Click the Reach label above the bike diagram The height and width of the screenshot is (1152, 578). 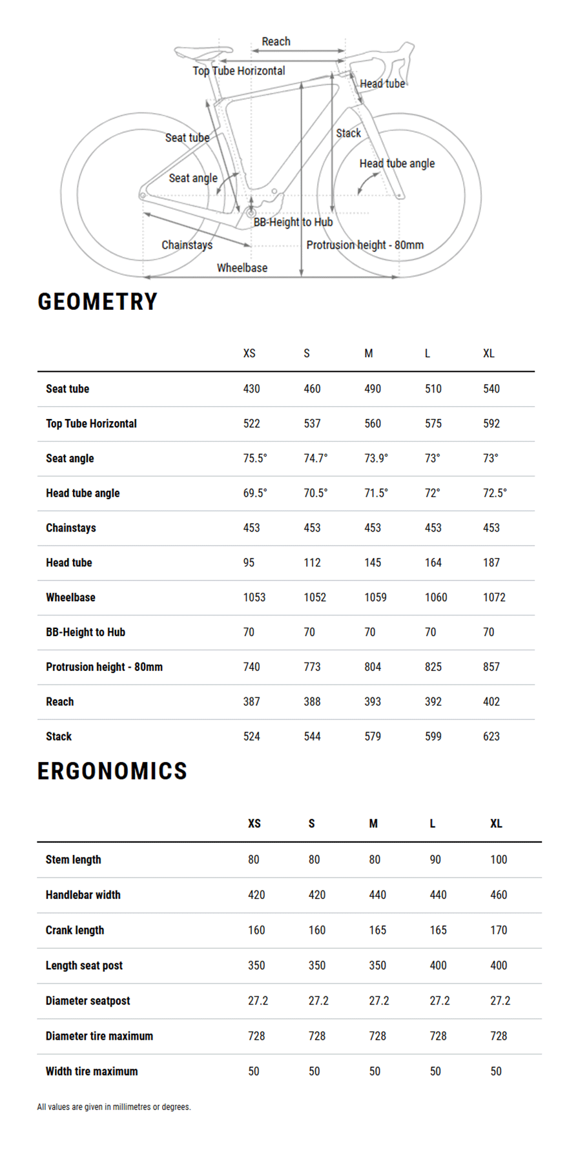click(x=276, y=41)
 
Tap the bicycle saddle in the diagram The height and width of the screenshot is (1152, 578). click(x=202, y=50)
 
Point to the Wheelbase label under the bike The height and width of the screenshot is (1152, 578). click(x=242, y=268)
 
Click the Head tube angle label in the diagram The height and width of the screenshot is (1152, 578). click(x=397, y=163)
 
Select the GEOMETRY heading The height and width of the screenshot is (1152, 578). click(x=98, y=302)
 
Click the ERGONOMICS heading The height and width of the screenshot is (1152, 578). click(x=112, y=771)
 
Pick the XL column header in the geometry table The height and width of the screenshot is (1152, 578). click(x=489, y=353)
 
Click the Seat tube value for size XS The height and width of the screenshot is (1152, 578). click(x=251, y=389)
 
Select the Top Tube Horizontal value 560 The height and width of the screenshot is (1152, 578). click(x=373, y=424)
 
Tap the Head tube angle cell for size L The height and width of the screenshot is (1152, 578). click(x=432, y=493)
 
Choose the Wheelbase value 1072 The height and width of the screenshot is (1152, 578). click(x=494, y=597)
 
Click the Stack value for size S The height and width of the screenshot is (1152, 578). click(x=312, y=736)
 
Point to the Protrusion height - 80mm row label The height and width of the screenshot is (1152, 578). click(x=104, y=667)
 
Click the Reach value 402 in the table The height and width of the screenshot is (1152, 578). click(x=491, y=701)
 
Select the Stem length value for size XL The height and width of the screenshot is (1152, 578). click(x=499, y=859)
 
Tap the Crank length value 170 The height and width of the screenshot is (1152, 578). click(x=499, y=930)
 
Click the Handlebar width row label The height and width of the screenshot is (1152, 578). click(x=83, y=895)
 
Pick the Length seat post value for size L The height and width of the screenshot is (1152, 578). click(x=438, y=965)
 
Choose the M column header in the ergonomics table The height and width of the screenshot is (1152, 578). click(x=373, y=823)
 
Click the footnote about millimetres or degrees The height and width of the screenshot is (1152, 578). click(x=114, y=1107)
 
